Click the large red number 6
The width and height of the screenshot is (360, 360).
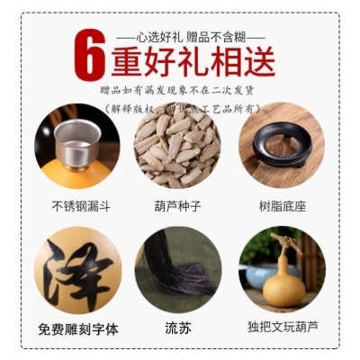click(x=87, y=56)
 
